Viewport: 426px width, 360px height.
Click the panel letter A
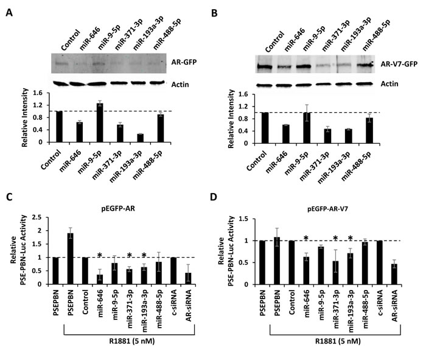click(x=9, y=13)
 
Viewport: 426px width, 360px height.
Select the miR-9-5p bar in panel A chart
click(x=100, y=122)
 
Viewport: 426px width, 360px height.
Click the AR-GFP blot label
click(x=184, y=62)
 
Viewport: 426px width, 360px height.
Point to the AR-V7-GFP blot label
click(x=399, y=64)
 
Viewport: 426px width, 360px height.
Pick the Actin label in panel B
click(x=389, y=83)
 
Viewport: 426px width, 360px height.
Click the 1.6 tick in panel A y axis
click(x=38, y=93)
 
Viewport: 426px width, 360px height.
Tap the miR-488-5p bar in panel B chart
click(x=369, y=130)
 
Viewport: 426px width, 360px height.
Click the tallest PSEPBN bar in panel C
click(x=71, y=259)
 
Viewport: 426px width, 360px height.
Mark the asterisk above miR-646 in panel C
click(x=100, y=255)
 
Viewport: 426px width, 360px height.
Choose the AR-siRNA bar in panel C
click(x=188, y=279)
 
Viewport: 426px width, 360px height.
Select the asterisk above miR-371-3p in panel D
click(x=335, y=239)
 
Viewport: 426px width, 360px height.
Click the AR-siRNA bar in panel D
click(x=394, y=274)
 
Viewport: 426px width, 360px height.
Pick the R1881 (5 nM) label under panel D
click(x=338, y=341)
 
